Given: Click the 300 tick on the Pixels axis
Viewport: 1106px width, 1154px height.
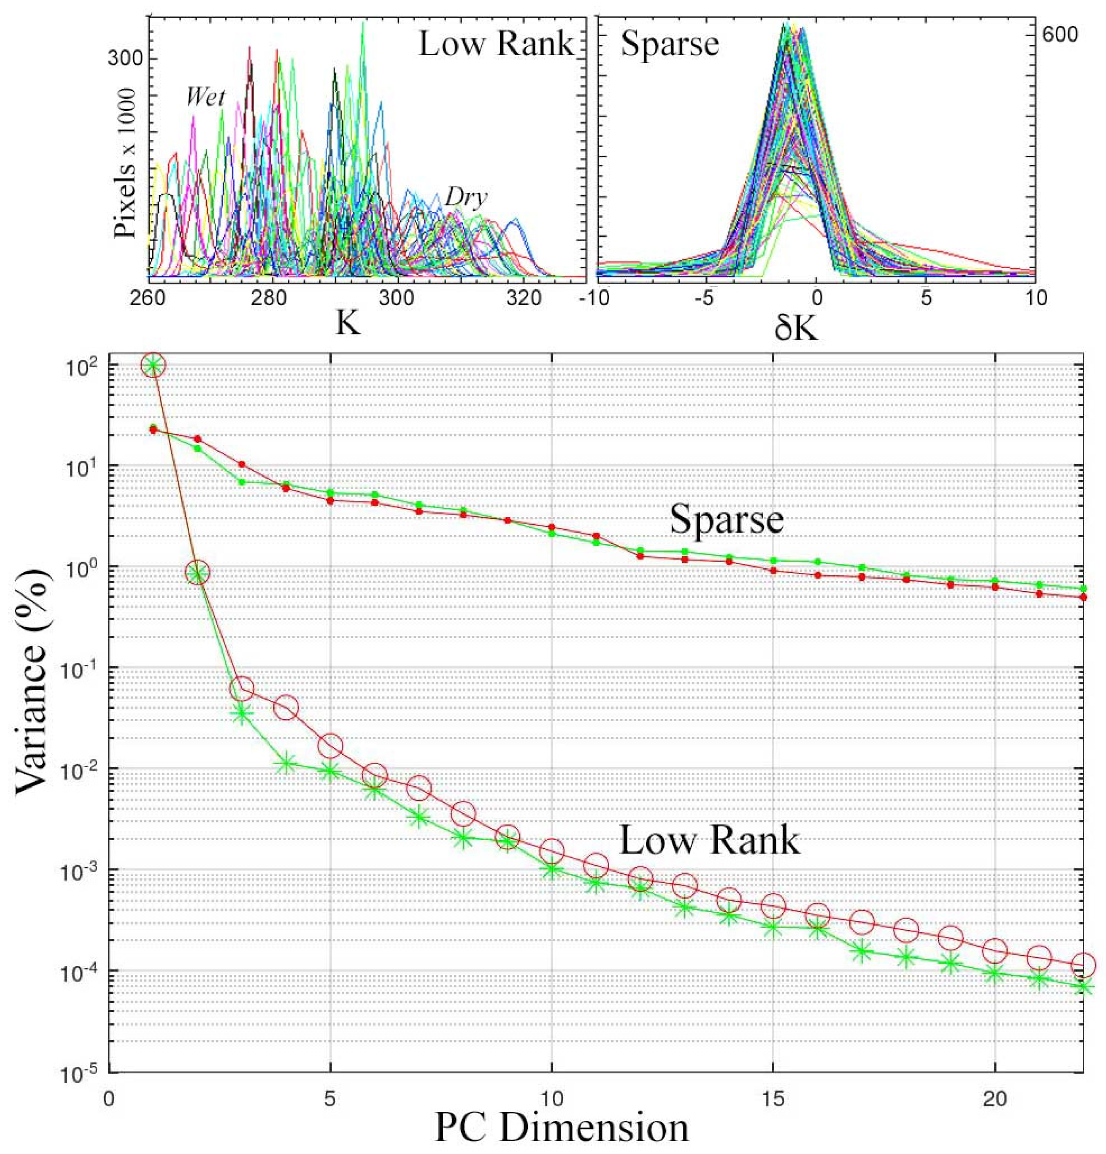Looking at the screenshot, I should [125, 59].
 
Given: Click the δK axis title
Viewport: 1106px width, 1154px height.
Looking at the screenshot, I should [796, 330].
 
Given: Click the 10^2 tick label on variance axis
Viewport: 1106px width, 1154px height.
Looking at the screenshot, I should [82, 365].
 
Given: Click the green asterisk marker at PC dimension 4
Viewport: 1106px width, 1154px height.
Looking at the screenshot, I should [286, 764].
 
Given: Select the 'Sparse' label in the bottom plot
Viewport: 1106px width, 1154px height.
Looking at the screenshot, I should [726, 519].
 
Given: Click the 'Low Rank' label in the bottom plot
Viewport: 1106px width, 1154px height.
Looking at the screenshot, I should [709, 840].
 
